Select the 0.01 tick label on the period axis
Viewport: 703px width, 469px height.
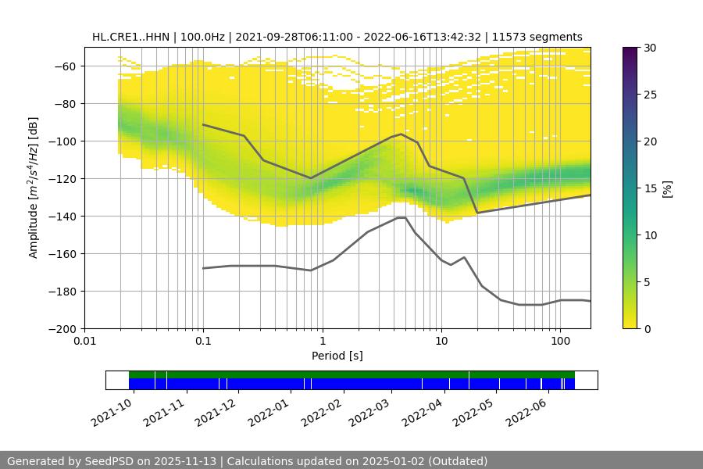(x=84, y=342)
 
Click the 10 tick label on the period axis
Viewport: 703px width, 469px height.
(x=441, y=342)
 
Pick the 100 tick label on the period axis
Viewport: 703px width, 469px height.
(x=560, y=342)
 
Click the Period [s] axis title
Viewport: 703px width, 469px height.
(x=337, y=356)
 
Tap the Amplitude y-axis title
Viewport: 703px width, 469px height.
(x=34, y=188)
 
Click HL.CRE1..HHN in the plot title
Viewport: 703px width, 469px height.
(x=128, y=37)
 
